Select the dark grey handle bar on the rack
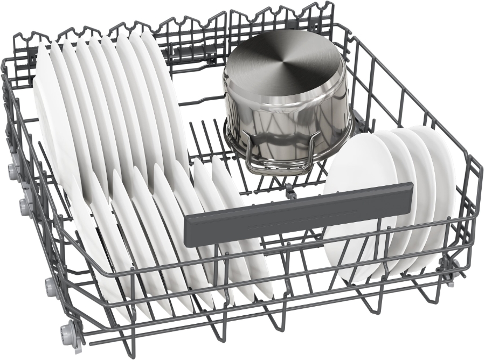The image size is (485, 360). pos(299,211)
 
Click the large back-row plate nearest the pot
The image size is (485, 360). pos(162,92)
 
